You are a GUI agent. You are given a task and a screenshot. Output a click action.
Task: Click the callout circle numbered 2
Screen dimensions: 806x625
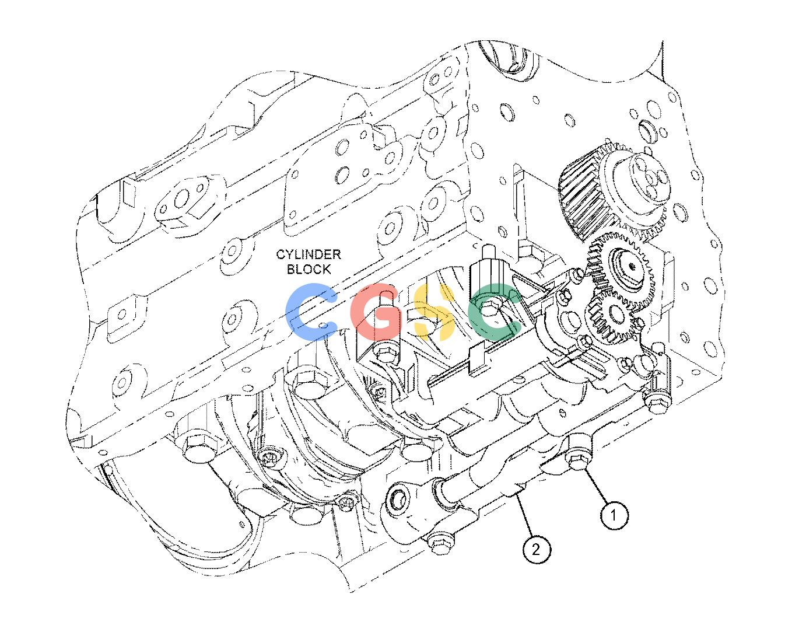(536, 549)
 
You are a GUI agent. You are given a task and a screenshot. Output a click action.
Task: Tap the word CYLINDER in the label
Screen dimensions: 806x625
(309, 254)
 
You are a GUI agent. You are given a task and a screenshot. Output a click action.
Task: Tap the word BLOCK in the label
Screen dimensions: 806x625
(309, 269)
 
